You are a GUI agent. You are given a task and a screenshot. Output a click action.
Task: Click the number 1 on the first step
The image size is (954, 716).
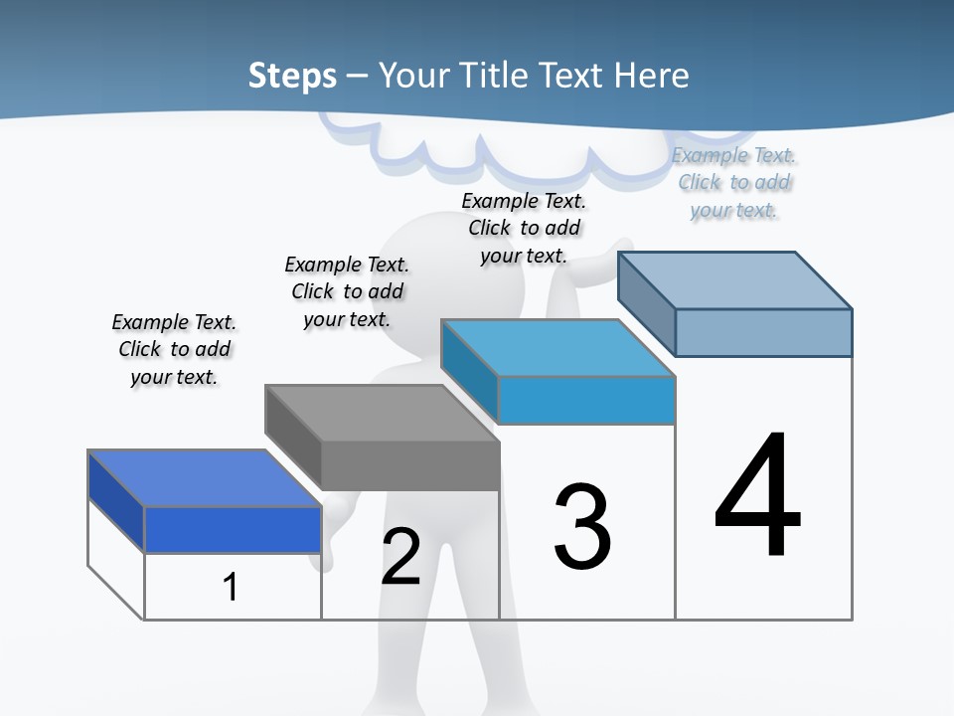coord(231,587)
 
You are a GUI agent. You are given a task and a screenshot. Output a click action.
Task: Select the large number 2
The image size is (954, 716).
coord(400,557)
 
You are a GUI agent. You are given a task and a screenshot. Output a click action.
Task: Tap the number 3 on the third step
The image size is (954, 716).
coord(582,527)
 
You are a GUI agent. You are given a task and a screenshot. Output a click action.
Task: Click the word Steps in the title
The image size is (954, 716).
coord(292,76)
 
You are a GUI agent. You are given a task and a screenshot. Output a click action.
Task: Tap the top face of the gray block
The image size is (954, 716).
coord(383,413)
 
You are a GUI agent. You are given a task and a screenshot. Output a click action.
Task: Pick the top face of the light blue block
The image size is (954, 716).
coord(558,348)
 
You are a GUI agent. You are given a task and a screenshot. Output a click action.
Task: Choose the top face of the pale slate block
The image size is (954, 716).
coord(735,279)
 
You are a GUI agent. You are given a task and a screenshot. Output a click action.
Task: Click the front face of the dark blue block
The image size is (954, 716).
coord(233,529)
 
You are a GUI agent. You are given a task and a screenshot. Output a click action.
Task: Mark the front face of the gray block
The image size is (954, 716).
coord(410,465)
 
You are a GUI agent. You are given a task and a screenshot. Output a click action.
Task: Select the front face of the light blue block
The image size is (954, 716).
coord(586,400)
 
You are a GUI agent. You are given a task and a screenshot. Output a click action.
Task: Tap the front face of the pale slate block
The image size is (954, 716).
coord(763,332)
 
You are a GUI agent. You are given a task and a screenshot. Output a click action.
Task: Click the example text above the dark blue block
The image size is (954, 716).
coord(174,349)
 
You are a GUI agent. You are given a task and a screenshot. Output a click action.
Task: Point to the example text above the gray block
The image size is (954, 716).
coord(347,291)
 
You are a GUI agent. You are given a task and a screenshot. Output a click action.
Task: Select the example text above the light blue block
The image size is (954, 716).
coord(524,228)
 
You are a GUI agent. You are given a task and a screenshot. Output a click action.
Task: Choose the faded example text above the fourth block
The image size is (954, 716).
coord(733,182)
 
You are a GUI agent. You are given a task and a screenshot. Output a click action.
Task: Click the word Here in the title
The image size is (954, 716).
coord(652,76)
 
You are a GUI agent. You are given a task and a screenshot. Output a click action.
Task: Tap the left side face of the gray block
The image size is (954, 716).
coord(293,438)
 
